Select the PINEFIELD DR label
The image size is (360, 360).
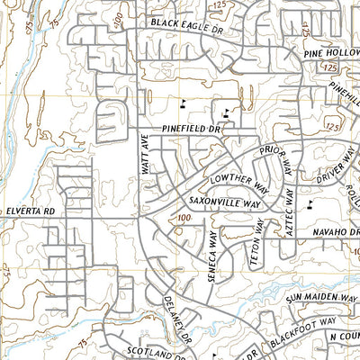192,130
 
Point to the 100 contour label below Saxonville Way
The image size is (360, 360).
184,219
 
